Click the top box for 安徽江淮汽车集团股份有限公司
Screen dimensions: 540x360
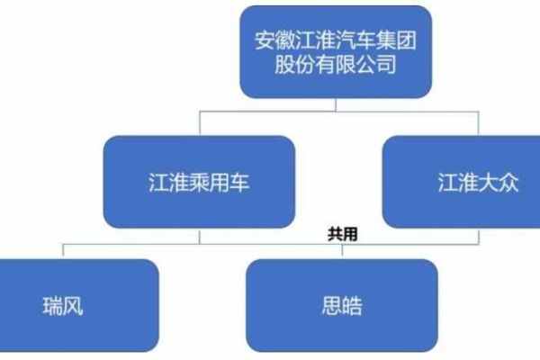point(336,52)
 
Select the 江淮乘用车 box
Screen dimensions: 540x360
point(199,182)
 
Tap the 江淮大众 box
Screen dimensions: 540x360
point(461,182)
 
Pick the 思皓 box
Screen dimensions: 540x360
point(342,306)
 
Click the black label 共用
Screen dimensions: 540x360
point(343,234)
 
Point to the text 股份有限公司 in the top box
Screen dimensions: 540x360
point(336,64)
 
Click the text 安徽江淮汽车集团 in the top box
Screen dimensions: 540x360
point(336,40)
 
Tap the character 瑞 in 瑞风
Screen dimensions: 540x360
point(53,306)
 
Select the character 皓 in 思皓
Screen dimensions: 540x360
point(353,306)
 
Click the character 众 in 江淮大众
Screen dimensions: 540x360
point(508,182)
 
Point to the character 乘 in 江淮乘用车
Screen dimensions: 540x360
point(199,182)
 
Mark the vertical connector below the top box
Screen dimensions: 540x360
point(336,105)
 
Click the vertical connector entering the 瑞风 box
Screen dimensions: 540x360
point(63,251)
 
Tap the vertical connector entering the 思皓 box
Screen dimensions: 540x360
point(342,252)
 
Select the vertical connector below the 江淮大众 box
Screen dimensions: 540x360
point(479,237)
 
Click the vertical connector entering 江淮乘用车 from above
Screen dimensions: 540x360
point(200,123)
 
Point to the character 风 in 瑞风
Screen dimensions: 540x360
point(73,306)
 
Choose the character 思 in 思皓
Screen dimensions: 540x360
point(332,306)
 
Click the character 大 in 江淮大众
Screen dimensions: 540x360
point(488,182)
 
